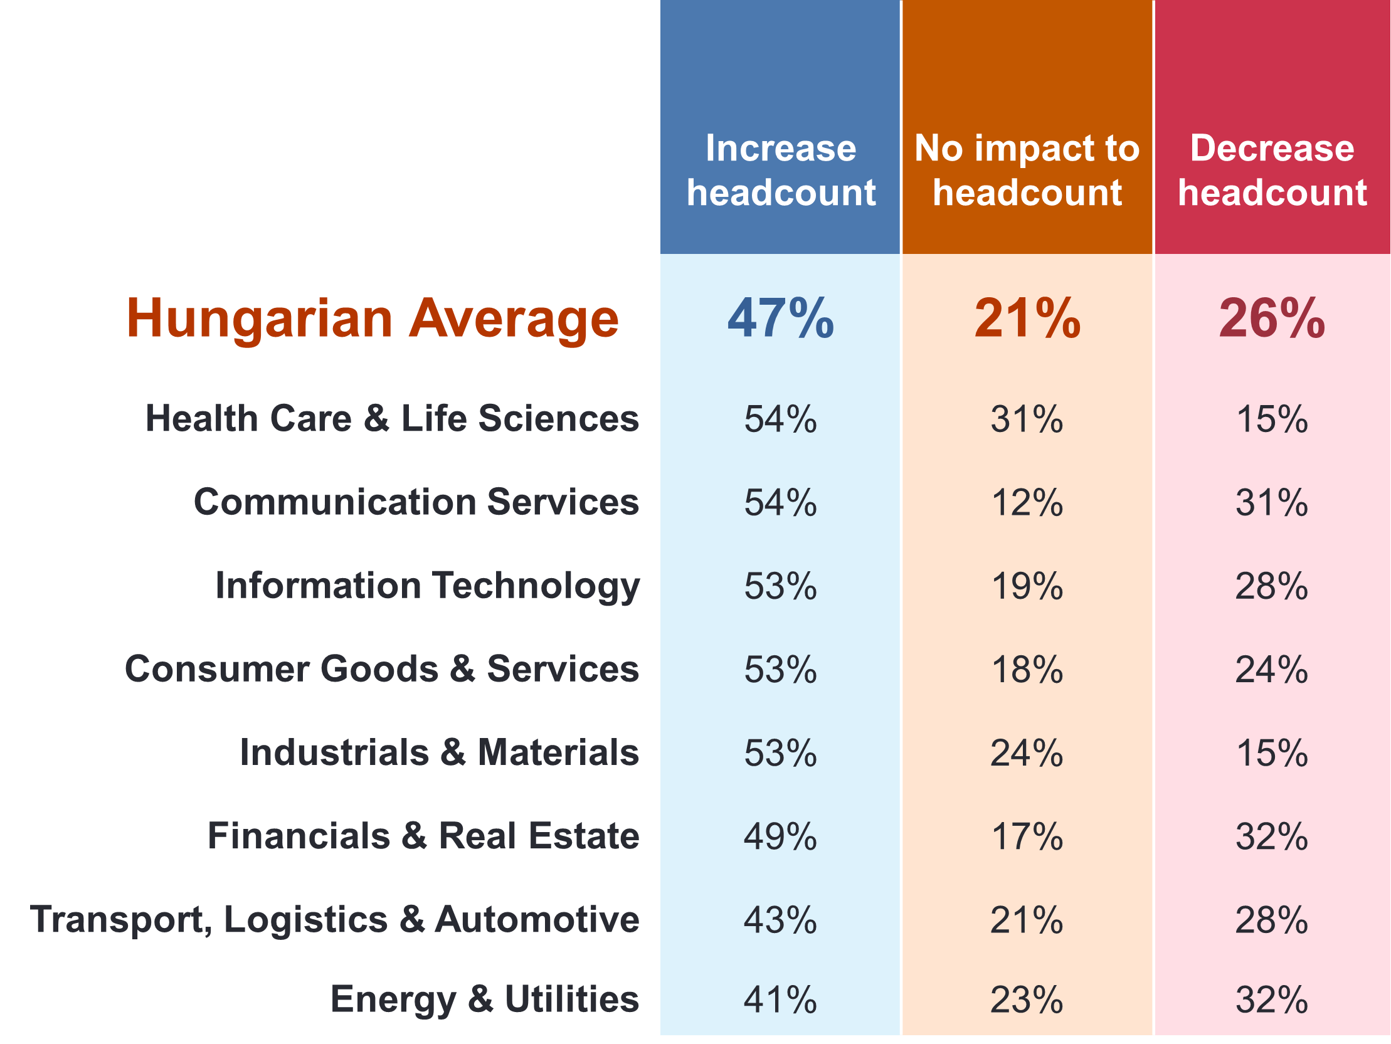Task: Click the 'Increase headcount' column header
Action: click(780, 170)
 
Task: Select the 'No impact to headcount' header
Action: click(1027, 170)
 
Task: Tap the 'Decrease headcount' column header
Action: click(1272, 170)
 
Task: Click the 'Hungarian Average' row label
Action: click(373, 319)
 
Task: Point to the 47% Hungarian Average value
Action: click(780, 319)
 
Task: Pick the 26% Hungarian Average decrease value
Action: click(1272, 319)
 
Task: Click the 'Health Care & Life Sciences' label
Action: click(392, 419)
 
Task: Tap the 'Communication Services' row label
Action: click(416, 502)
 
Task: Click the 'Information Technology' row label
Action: click(427, 586)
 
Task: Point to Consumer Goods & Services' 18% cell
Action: click(1027, 670)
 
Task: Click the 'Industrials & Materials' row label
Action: click(439, 753)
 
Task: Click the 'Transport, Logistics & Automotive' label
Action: click(334, 920)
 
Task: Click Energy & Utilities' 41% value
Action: click(780, 1000)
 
